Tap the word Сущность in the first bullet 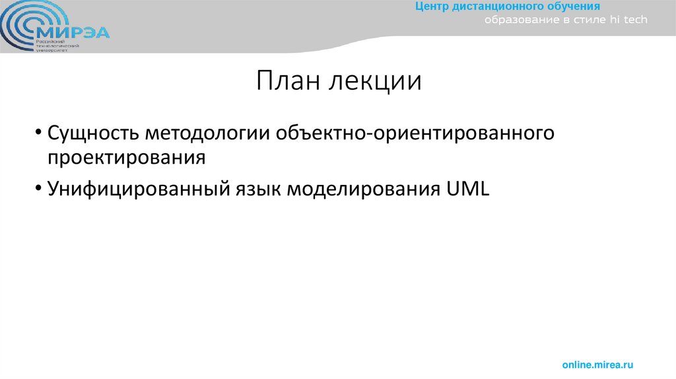92,133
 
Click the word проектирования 126,158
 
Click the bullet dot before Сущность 40,134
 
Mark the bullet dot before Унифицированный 40,189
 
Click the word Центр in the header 432,7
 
